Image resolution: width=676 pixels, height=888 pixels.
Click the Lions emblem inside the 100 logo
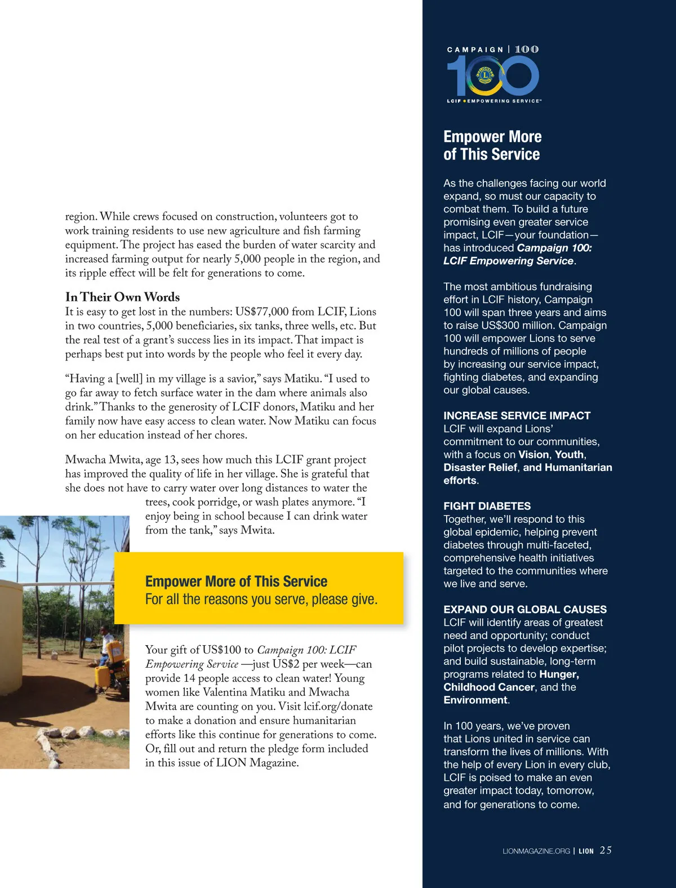coord(485,73)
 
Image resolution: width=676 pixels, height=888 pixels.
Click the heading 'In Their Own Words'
coord(122,297)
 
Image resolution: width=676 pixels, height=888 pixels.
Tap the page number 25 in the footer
coord(606,850)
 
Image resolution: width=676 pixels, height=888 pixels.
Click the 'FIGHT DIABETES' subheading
coord(487,506)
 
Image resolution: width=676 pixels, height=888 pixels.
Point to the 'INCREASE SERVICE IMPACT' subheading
coord(517,416)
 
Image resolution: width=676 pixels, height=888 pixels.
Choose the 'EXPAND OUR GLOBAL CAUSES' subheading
coord(524,610)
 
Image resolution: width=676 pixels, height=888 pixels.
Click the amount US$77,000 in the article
coord(261,312)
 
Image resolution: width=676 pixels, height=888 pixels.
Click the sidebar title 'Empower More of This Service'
coord(492,145)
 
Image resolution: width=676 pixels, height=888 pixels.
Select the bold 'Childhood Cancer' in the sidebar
coord(488,687)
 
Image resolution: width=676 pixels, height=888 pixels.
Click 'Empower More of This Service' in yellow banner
coord(236,581)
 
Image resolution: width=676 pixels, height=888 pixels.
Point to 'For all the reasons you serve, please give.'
coord(261,599)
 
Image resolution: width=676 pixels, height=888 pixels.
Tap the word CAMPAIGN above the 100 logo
coord(475,50)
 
